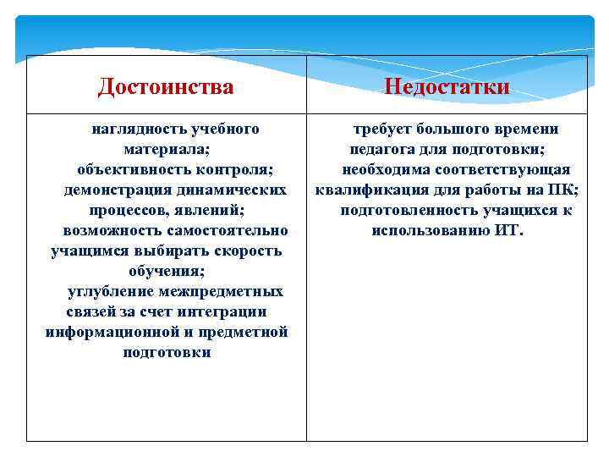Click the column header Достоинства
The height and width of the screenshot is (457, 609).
[x=166, y=86]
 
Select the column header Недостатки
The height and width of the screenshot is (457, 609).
[x=447, y=86]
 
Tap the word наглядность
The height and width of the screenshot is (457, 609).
[x=138, y=129]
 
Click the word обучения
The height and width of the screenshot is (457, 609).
[x=167, y=271]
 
